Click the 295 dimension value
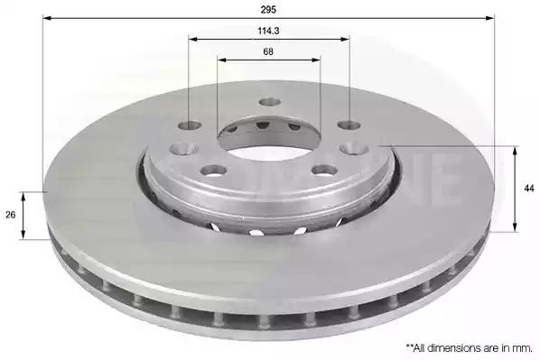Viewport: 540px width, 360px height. coord(268,10)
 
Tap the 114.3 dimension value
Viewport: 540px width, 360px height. coord(268,31)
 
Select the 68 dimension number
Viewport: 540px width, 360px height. coord(268,51)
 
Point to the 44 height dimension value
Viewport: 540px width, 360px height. coord(529,189)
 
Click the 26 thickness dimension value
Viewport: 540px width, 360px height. coord(11,215)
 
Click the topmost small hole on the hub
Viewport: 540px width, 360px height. coord(270,102)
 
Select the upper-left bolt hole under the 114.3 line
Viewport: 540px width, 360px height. coord(191,125)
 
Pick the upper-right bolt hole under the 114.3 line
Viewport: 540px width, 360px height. coord(349,125)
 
